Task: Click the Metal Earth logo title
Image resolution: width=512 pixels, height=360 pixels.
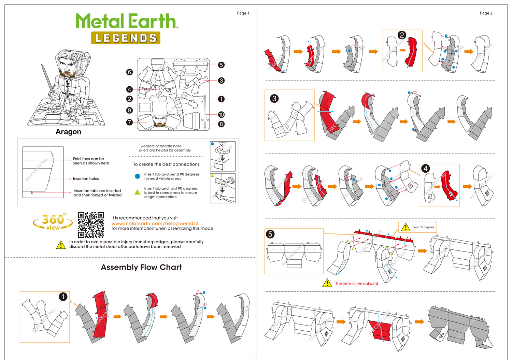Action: coord(127,21)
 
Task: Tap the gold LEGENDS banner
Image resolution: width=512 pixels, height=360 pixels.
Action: coord(126,38)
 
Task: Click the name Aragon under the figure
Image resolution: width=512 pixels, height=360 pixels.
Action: coord(68,132)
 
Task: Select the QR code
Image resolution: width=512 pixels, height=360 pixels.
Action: coord(91,225)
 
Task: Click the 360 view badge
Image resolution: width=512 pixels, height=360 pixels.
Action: coord(53,222)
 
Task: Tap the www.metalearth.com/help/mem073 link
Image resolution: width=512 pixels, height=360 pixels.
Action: coord(155,224)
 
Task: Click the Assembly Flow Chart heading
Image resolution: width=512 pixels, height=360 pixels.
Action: coord(141,267)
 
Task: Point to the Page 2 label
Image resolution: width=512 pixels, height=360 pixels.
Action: coord(486,13)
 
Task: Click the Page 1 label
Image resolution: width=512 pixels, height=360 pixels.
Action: coord(243,13)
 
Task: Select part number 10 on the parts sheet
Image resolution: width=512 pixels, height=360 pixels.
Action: coord(221,115)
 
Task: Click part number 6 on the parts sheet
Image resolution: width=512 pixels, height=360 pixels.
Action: coord(129,72)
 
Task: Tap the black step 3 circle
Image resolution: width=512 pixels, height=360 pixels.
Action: coord(274,99)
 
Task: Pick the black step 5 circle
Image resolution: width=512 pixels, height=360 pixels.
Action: coord(270,234)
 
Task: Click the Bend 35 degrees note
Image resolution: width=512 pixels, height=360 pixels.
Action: coord(423,227)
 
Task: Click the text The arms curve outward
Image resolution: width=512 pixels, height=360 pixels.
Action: coord(356,284)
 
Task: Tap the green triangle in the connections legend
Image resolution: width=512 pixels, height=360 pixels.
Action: coord(138,192)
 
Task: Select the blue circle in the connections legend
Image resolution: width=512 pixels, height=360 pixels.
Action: coord(138,176)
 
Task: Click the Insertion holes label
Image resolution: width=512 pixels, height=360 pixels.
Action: coord(86,178)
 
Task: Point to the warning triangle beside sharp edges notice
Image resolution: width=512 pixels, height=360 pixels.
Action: coord(61,245)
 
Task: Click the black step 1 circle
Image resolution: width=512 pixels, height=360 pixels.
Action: coord(63,297)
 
